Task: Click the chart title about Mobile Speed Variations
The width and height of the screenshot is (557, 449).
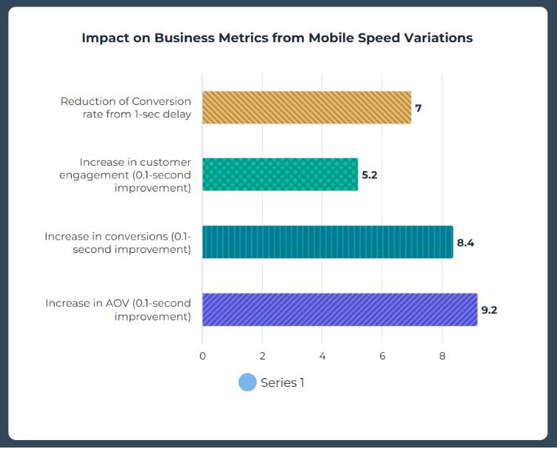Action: pyautogui.click(x=277, y=38)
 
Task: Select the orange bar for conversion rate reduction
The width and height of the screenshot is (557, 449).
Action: pyautogui.click(x=306, y=107)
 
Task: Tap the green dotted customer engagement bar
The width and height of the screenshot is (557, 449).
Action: pyautogui.click(x=279, y=175)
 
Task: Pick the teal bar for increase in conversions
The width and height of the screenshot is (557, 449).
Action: pyautogui.click(x=327, y=242)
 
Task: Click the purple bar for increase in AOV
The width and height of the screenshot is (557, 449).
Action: pyautogui.click(x=339, y=309)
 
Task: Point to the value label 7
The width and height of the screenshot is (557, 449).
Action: pyautogui.click(x=418, y=108)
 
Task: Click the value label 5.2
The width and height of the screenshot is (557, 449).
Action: pyautogui.click(x=370, y=175)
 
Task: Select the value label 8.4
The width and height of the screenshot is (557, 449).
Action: pyautogui.click(x=465, y=243)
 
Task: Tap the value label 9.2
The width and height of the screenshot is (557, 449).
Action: pyautogui.click(x=489, y=310)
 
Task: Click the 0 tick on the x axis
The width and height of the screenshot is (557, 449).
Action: pyautogui.click(x=202, y=356)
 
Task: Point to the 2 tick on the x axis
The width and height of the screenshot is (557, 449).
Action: pyautogui.click(x=262, y=356)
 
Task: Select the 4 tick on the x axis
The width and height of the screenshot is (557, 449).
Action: pyautogui.click(x=322, y=356)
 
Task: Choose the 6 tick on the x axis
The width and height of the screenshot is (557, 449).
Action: pyautogui.click(x=382, y=356)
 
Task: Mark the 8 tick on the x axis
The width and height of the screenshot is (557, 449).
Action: pyautogui.click(x=442, y=356)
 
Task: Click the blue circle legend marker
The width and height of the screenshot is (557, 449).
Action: pyautogui.click(x=247, y=382)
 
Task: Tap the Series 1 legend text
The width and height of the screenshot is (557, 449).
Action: pyautogui.click(x=282, y=382)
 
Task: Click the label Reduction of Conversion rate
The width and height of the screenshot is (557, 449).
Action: pyautogui.click(x=126, y=107)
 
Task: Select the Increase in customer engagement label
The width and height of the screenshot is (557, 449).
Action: pyautogui.click(x=135, y=175)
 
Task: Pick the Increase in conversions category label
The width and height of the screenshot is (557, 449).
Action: pyautogui.click(x=119, y=243)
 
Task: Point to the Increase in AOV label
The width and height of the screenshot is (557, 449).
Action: pyautogui.click(x=119, y=310)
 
